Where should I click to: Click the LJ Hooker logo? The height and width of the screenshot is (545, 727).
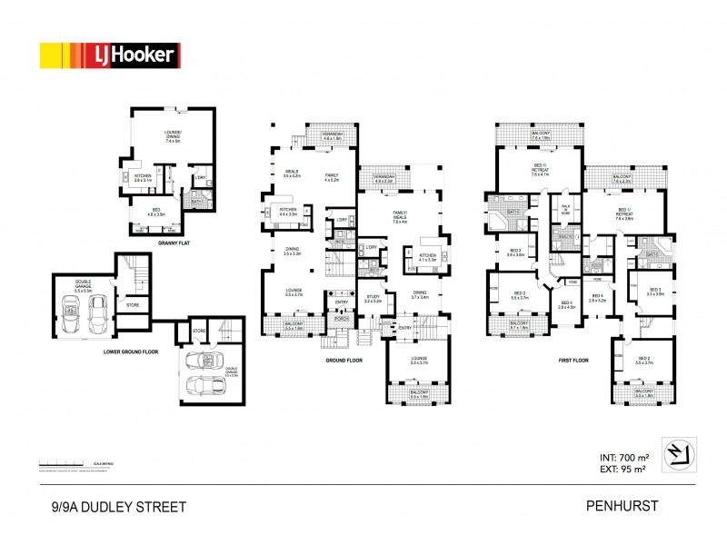point(109,55)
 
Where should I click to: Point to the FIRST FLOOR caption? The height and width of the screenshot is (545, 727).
point(573,360)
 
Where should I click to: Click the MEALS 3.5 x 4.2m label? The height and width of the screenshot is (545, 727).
point(293,173)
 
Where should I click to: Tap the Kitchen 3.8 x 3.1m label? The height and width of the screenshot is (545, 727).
point(144,179)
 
